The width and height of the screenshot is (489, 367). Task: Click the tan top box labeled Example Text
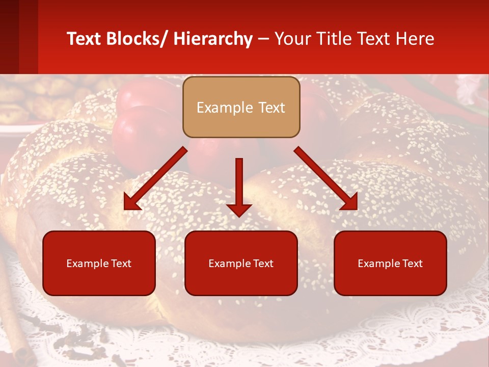(241, 107)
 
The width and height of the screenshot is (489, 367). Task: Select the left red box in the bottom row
(99, 263)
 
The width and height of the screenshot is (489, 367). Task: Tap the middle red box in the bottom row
(241, 263)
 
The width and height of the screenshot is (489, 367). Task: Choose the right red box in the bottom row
(390, 263)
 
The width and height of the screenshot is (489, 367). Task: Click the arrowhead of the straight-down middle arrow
(239, 209)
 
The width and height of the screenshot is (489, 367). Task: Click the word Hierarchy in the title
(213, 39)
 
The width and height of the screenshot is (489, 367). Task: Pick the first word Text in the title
(85, 39)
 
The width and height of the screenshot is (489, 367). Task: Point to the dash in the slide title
(263, 39)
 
